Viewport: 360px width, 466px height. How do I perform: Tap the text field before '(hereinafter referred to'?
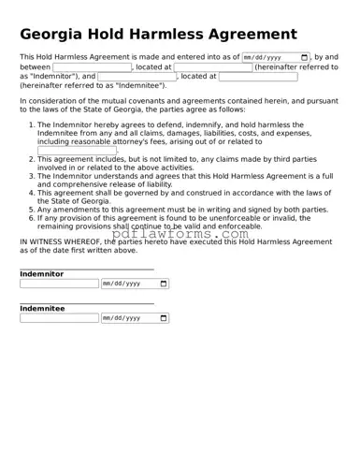coord(213,67)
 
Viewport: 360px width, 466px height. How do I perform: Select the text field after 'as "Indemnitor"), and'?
coord(136,77)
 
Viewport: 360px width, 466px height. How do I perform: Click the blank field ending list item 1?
coord(78,150)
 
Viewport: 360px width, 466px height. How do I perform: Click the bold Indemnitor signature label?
coord(42,274)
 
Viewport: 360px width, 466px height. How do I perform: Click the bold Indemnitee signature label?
coord(42,308)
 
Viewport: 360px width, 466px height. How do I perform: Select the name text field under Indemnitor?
coord(58,284)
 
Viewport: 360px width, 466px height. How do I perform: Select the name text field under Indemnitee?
coord(58,318)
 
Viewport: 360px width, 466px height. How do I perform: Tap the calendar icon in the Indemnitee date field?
coord(164,318)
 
